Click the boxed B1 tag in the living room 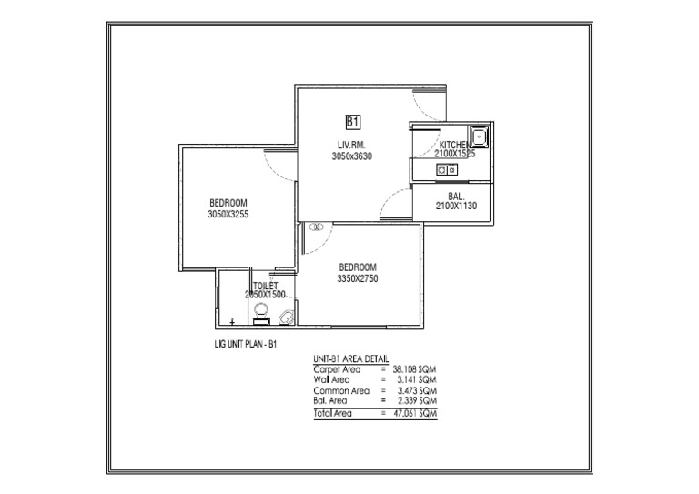pos(353,121)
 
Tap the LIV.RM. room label pos(351,145)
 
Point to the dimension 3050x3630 pos(351,156)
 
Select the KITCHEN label pos(456,145)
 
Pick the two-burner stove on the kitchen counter pos(447,169)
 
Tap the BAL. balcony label pos(456,197)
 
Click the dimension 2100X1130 pos(456,207)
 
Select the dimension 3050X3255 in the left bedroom pos(228,214)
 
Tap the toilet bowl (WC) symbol pos(286,317)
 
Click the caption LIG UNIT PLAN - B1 pos(238,346)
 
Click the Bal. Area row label pos(329,399)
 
